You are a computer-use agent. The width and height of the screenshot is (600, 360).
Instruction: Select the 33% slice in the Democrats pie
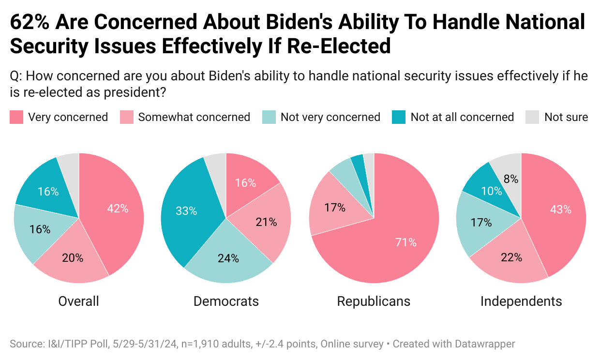click(186, 211)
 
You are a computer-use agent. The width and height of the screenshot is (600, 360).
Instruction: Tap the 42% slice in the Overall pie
click(118, 209)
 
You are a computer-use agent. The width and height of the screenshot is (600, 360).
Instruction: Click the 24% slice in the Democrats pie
click(228, 258)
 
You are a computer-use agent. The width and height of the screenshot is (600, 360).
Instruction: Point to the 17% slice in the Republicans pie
click(335, 208)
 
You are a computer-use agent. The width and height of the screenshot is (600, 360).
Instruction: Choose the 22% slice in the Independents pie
click(511, 257)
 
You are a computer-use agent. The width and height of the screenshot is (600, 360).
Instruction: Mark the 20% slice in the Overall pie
click(73, 258)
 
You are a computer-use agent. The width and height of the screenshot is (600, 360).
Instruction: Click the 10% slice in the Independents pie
click(491, 191)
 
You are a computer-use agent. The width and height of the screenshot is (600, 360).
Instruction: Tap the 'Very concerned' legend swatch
click(16, 117)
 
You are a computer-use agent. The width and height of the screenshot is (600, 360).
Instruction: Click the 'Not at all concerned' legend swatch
click(399, 117)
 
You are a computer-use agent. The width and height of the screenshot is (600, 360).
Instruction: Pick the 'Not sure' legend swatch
click(532, 117)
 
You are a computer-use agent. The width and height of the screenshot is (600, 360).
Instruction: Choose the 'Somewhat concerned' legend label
click(194, 117)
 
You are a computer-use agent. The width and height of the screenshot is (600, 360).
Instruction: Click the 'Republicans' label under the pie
click(374, 301)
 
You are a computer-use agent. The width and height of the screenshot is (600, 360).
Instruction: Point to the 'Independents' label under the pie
click(521, 301)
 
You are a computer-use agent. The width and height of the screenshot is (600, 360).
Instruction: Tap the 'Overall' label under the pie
click(78, 301)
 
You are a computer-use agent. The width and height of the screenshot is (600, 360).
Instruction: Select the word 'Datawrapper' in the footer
click(485, 344)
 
